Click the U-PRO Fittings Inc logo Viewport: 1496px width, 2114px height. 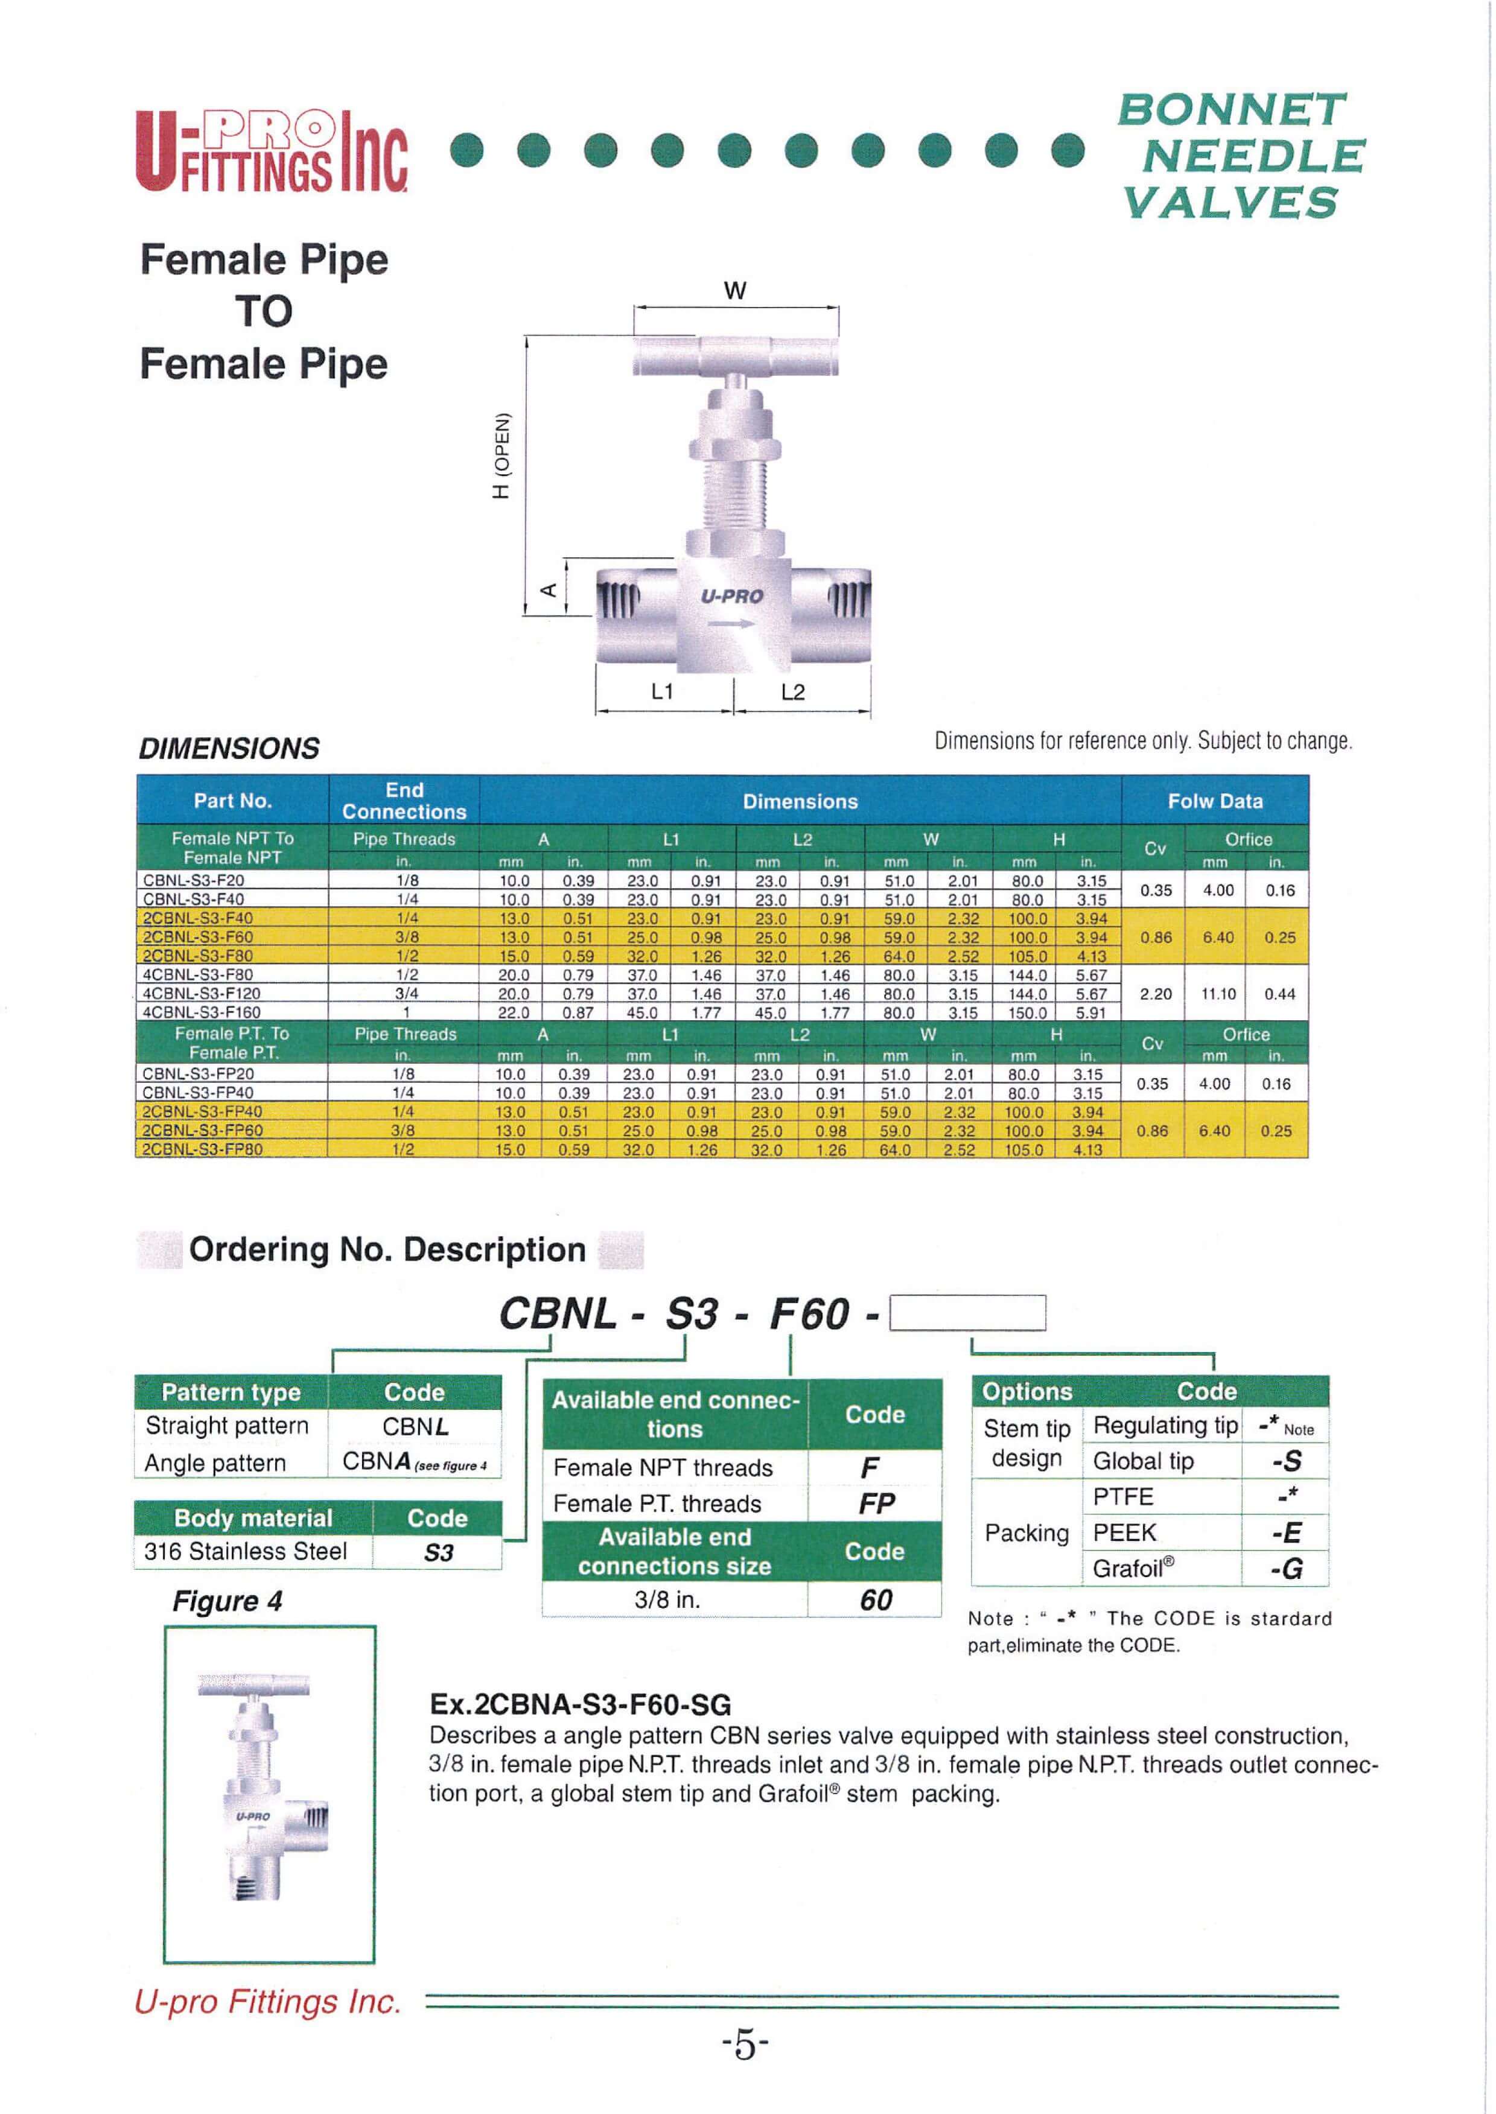click(x=272, y=150)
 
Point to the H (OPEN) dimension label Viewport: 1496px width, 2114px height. click(x=501, y=455)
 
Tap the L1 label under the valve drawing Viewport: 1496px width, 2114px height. click(x=663, y=691)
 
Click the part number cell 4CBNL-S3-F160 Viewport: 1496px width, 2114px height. click(x=202, y=1012)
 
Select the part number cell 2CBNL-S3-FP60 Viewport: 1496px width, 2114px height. click(x=202, y=1130)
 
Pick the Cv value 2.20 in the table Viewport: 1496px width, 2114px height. click(x=1155, y=994)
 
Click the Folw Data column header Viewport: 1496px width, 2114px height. click(x=1214, y=801)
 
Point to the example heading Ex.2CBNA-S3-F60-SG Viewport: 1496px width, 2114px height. click(x=579, y=1703)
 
